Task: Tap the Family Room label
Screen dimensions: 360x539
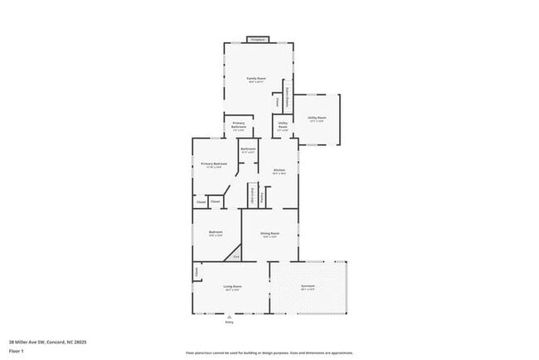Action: [256, 79]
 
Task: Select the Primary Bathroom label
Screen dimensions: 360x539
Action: [238, 125]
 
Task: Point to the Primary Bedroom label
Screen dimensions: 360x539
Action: [214, 164]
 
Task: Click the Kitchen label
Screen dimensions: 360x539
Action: [279, 170]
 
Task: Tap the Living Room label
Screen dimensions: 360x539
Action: [231, 286]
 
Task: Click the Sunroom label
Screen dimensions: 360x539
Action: [308, 286]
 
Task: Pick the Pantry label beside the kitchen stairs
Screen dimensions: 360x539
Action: [263, 197]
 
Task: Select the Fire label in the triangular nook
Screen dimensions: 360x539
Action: [236, 256]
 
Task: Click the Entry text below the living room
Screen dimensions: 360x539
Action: [231, 322]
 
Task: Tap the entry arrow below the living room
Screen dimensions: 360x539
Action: [231, 317]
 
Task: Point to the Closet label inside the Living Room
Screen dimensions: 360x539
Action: [197, 271]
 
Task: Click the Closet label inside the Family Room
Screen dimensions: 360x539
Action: [277, 101]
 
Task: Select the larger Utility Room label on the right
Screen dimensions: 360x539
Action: [317, 118]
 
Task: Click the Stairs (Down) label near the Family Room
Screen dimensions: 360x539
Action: [287, 97]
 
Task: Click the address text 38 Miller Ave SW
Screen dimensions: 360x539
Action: [48, 342]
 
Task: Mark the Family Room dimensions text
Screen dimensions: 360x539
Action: [256, 82]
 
